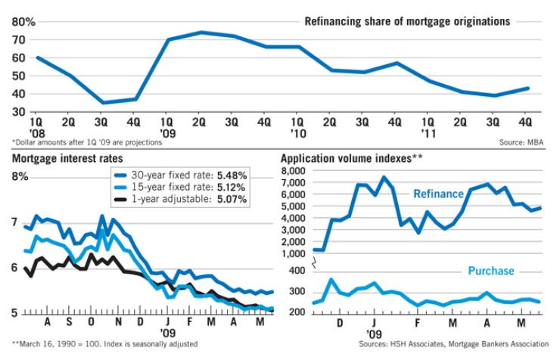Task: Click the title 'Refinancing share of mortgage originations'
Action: point(406,22)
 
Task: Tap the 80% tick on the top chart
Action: point(23,22)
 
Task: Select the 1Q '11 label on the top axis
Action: point(428,125)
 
